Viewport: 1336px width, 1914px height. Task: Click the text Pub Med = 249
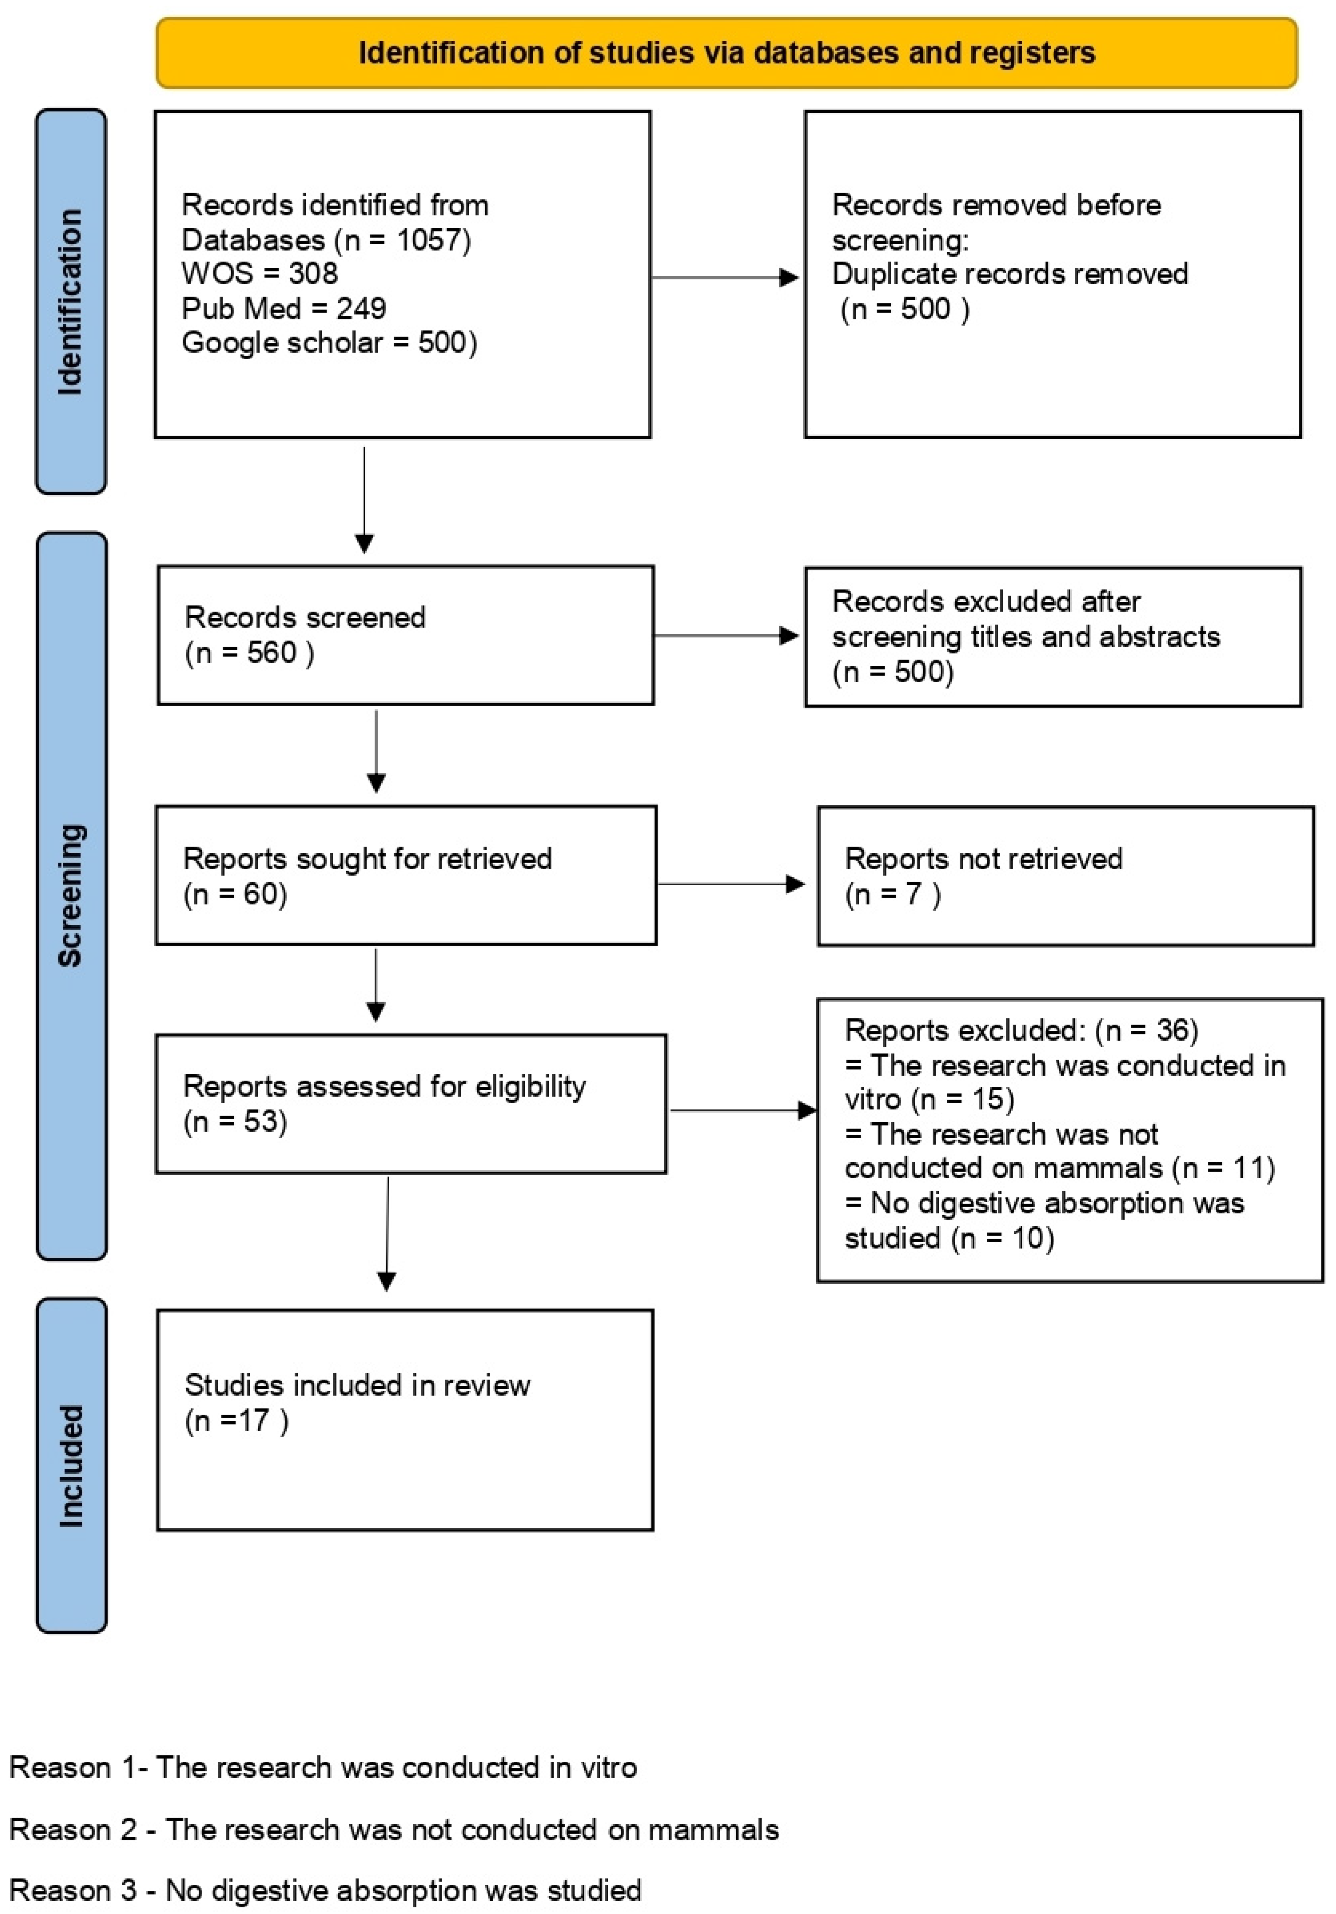(x=283, y=309)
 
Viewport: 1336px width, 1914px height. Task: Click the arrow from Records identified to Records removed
(x=725, y=278)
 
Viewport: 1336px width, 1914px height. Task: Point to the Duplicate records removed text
(x=1009, y=273)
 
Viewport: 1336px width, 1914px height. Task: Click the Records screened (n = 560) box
(x=405, y=635)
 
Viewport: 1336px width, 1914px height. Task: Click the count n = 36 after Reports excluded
(x=1147, y=1030)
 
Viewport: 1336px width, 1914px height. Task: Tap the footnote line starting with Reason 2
(x=393, y=1830)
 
